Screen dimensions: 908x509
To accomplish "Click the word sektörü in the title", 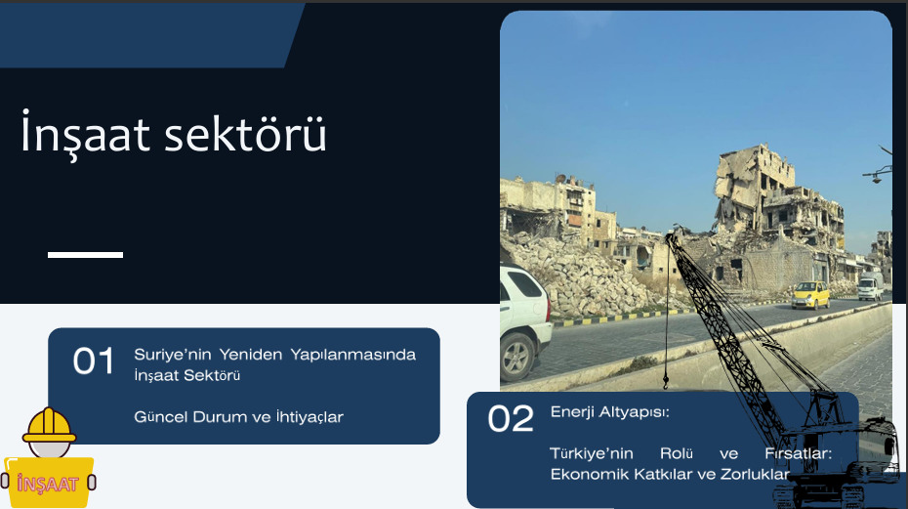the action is click(x=245, y=134).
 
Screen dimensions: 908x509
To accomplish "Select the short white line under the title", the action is click(x=85, y=254).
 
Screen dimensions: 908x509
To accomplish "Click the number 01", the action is click(x=93, y=361).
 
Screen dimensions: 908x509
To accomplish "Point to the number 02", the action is click(x=511, y=418).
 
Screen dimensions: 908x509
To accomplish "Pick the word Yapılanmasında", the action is click(x=352, y=355).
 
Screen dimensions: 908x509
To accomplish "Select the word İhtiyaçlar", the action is click(x=310, y=417).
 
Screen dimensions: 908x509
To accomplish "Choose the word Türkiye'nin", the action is click(x=591, y=453).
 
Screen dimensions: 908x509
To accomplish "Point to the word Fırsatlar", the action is click(x=798, y=453).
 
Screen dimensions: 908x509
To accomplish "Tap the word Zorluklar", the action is click(x=755, y=474).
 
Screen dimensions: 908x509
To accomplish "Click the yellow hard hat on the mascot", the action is click(x=49, y=425).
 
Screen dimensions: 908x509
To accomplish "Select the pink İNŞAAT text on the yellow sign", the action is click(x=48, y=484).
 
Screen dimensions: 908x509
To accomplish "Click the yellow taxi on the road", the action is click(x=810, y=294).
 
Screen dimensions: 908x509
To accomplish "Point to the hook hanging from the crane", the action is click(x=665, y=381).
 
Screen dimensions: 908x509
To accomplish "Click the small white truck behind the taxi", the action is click(x=870, y=286).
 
